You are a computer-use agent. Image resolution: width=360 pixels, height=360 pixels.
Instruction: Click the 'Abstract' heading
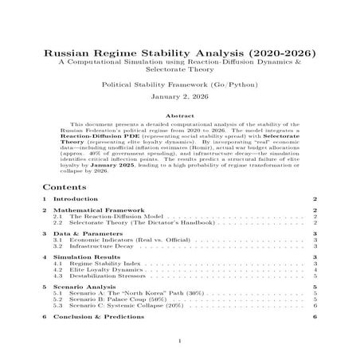(x=179, y=115)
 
